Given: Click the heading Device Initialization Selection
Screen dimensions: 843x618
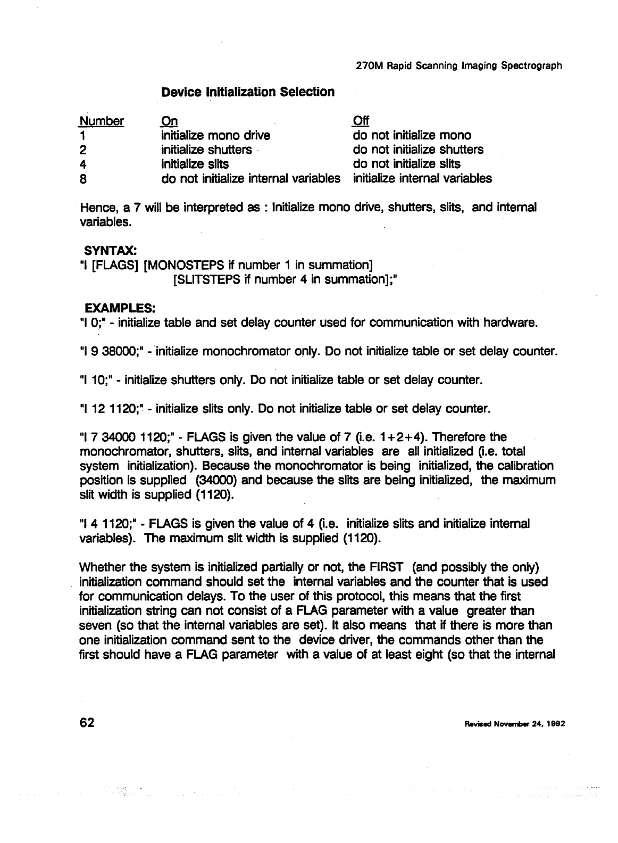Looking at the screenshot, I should coord(248,92).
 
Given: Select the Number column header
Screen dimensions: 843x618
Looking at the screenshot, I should coord(102,121).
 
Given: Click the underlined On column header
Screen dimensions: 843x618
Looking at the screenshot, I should coord(170,121).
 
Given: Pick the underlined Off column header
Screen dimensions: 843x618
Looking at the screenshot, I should coord(361,121).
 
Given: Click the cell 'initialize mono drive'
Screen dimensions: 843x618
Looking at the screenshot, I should coord(215,135).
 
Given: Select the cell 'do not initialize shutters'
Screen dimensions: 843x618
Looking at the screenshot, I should coord(418,150).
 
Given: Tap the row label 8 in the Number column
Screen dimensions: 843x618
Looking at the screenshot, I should coord(83,179).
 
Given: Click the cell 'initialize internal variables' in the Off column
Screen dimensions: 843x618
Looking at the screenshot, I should coord(422,178).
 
